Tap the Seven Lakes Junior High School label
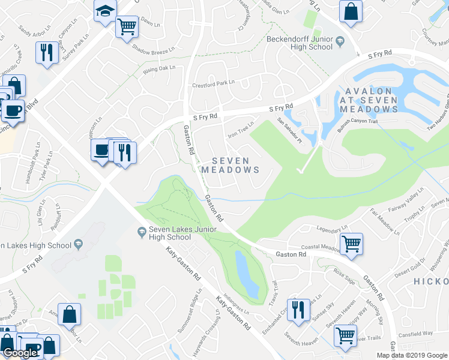coord(169,233)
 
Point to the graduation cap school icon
coord(105,11)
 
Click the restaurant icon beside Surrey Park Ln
coord(46,52)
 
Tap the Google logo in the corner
coord(19,353)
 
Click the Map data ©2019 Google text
coord(412,355)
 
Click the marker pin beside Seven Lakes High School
coord(77,244)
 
